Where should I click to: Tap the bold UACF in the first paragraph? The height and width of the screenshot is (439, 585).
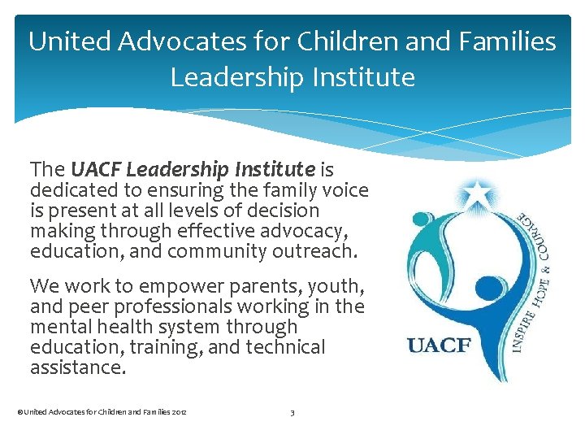click(96, 169)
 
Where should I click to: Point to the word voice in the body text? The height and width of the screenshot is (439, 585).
click(346, 190)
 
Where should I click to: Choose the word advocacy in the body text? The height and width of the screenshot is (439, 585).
click(314, 231)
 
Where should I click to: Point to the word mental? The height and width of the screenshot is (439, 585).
click(55, 328)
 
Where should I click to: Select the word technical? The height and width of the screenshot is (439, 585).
click(284, 348)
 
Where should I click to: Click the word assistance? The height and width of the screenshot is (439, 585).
click(76, 368)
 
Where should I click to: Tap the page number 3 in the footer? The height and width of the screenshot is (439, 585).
click(292, 413)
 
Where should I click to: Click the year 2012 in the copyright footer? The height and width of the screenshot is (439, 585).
click(180, 413)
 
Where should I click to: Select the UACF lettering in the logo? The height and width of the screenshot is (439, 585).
click(439, 344)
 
